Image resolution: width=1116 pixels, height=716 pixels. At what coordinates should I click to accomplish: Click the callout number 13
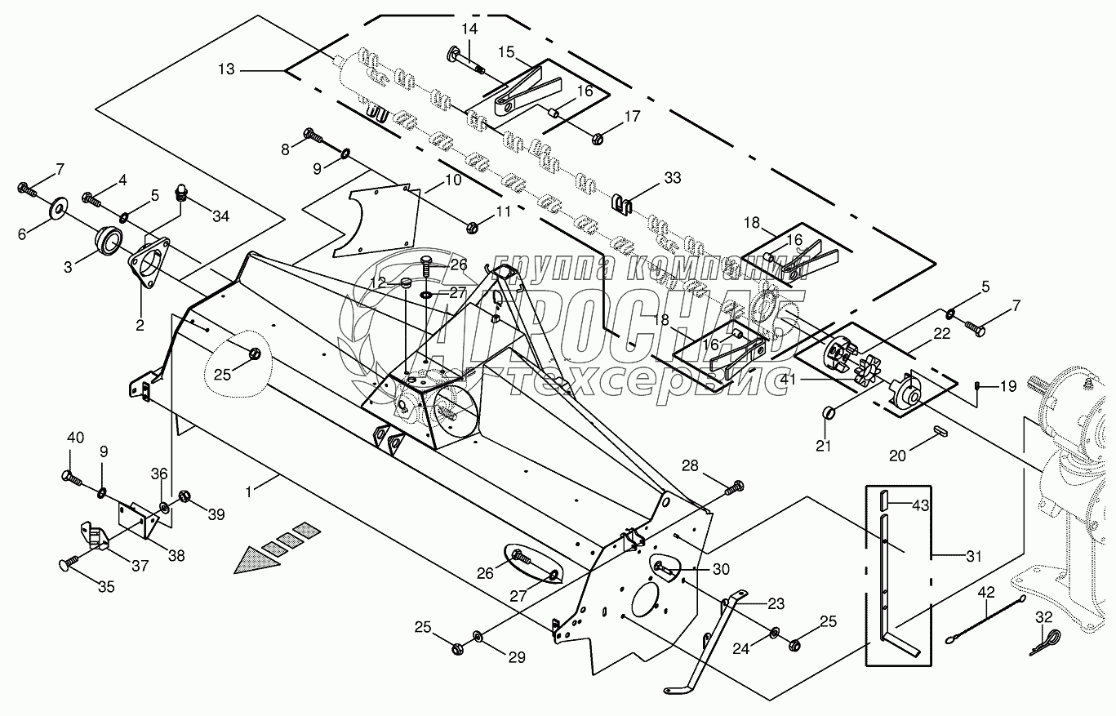226,69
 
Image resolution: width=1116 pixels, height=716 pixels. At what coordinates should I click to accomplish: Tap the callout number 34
220,216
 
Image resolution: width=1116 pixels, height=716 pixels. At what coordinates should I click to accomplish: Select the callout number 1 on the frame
249,491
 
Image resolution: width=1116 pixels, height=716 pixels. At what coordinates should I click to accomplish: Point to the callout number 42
986,593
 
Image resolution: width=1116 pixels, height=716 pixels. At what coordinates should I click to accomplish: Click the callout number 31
973,556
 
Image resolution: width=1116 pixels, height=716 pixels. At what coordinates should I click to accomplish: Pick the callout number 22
942,333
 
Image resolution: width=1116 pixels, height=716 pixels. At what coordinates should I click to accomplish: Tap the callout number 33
673,178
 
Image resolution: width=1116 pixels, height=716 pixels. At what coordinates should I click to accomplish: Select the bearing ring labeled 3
108,241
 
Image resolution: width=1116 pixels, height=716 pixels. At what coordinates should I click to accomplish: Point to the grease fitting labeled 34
182,192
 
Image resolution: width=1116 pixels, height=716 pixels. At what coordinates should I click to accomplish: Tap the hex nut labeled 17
598,138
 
